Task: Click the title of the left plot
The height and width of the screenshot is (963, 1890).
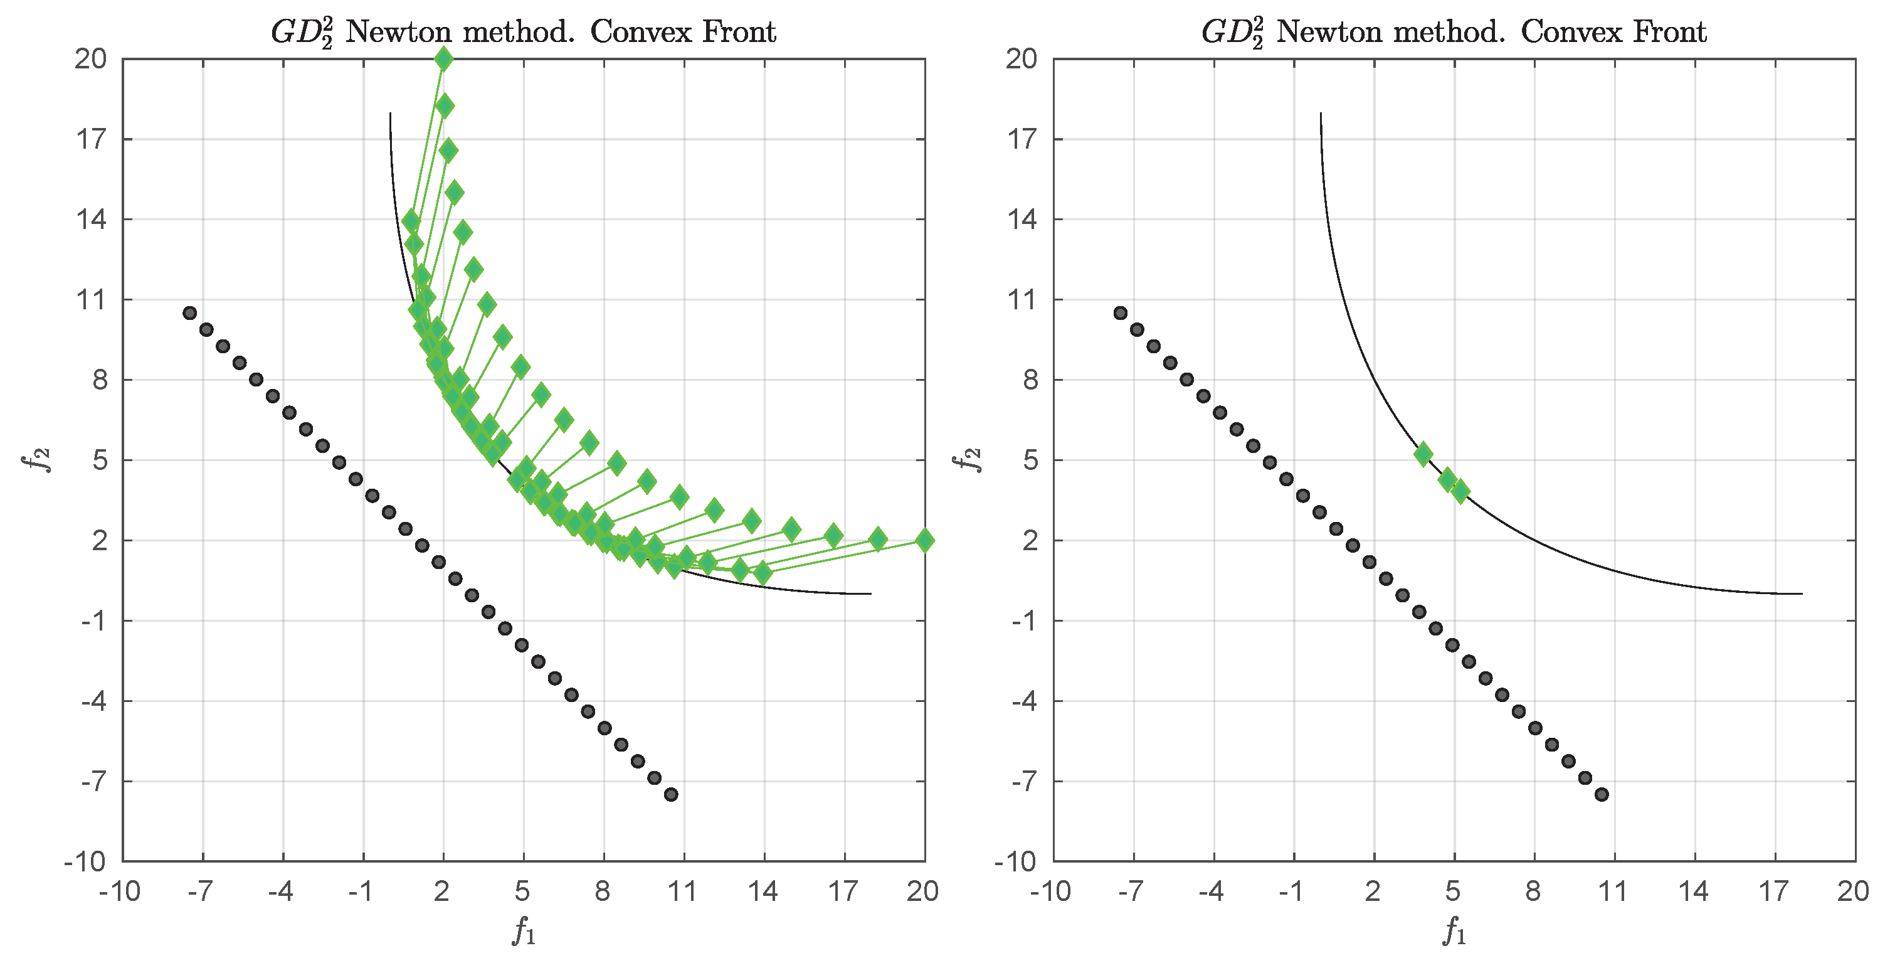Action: (x=523, y=31)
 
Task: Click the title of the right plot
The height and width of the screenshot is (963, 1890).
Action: (x=1454, y=31)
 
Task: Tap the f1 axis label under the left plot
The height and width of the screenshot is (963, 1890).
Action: (x=524, y=932)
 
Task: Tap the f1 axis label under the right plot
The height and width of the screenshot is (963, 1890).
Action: (x=1454, y=932)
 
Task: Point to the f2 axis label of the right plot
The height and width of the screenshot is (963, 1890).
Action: (x=968, y=460)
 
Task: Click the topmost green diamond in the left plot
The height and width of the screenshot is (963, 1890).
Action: (x=443, y=59)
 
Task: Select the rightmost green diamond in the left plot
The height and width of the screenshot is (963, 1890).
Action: (x=924, y=541)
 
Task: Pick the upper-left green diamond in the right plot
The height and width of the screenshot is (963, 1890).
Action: (x=1423, y=454)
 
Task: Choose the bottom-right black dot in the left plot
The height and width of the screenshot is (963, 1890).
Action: (x=670, y=795)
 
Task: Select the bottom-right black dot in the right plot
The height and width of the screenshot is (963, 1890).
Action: (x=1602, y=795)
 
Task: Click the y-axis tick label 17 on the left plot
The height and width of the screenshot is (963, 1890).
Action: (x=92, y=139)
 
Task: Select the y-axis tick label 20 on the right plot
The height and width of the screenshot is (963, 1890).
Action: (x=1022, y=59)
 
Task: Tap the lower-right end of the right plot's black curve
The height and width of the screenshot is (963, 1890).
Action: (x=1801, y=593)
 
